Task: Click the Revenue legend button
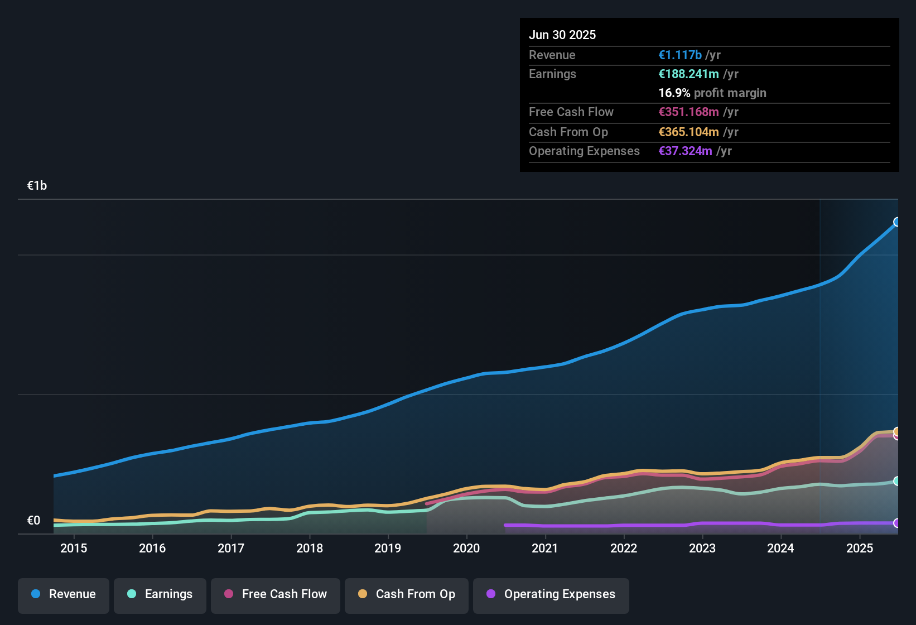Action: [64, 594]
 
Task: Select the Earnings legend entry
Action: [160, 594]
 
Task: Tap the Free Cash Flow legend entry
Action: [276, 594]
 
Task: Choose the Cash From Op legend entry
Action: [407, 594]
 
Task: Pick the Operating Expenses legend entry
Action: [551, 594]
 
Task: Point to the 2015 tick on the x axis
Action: [74, 549]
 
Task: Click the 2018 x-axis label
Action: [310, 549]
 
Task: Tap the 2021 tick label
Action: [545, 549]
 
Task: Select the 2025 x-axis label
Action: [860, 549]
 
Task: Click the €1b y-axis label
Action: [37, 186]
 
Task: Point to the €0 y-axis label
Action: [34, 521]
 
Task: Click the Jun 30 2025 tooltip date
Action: [562, 35]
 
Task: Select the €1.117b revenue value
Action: [680, 55]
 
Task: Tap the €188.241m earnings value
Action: [688, 74]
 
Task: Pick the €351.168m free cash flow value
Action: [688, 112]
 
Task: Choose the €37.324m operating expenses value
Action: [685, 151]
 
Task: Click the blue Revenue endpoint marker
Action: [897, 222]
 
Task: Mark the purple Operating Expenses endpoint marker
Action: [897, 523]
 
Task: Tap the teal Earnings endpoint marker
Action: [897, 481]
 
